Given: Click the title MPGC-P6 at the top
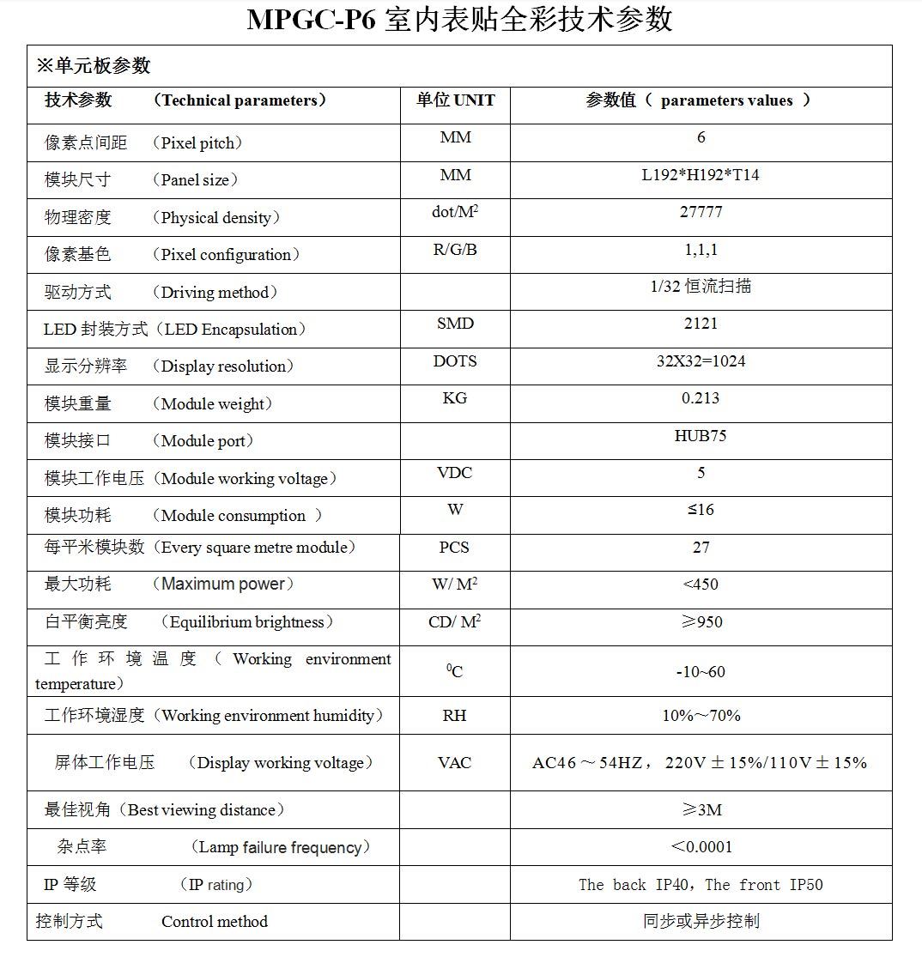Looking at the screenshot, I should [311, 20].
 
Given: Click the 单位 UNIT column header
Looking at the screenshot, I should [455, 100].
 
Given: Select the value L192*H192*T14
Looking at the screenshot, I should [701, 175].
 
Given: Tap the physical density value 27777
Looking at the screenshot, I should [701, 212].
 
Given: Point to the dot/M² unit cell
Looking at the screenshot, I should [454, 212].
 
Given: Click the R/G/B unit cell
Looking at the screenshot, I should [454, 250].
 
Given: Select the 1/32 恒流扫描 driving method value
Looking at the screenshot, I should [701, 287].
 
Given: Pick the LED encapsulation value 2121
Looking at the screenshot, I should [701, 324].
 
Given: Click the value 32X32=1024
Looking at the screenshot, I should [701, 361].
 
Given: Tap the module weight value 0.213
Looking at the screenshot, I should [701, 398].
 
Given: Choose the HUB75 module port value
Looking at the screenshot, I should [701, 436].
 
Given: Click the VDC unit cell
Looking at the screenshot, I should [454, 473].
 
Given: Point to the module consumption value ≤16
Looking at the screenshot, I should [701, 510].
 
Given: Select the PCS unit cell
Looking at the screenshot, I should [454, 548].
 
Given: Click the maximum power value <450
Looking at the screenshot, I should [701, 584].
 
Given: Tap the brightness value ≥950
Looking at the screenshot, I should [701, 622].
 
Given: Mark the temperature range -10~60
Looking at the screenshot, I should [701, 672].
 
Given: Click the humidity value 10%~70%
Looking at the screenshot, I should [701, 716].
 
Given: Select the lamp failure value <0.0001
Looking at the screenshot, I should [701, 847].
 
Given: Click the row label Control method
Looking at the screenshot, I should [214, 922].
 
